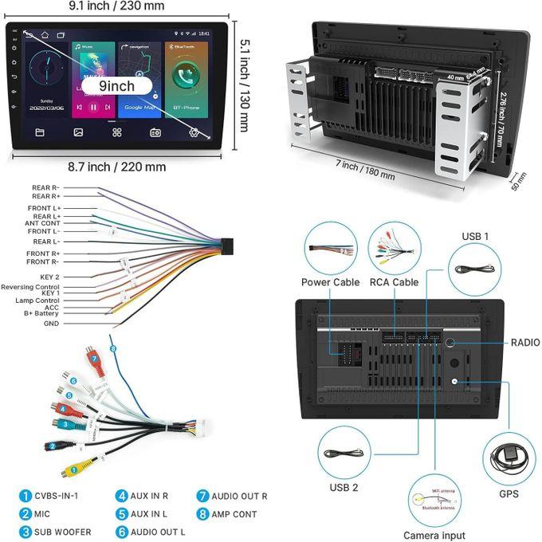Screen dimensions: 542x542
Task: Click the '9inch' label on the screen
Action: coord(117,84)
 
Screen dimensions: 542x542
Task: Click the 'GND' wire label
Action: coord(51,324)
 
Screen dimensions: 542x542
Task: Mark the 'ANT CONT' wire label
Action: coord(42,223)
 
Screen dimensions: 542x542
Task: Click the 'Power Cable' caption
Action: coord(330,282)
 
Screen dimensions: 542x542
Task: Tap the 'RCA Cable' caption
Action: coord(394,282)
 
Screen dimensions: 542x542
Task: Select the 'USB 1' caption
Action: coord(476,237)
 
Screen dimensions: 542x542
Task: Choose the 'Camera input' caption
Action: coord(434,536)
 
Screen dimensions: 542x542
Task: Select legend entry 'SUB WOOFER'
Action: coord(62,532)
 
